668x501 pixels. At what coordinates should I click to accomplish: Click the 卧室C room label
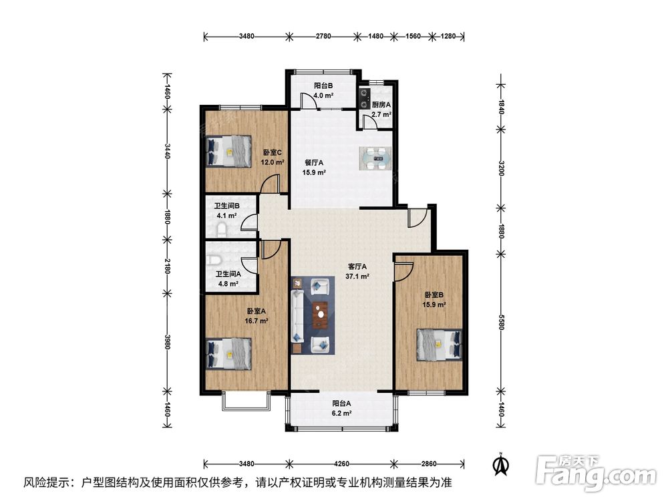(273, 152)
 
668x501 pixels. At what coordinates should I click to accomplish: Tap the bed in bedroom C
(228, 151)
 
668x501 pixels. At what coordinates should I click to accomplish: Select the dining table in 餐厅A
(375, 158)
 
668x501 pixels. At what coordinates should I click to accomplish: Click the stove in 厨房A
(364, 98)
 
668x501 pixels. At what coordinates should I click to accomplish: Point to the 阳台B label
(323, 86)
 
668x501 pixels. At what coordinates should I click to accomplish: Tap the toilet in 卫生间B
(222, 230)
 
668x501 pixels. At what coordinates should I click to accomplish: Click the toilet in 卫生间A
(214, 260)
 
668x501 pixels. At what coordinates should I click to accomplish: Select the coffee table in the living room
(321, 315)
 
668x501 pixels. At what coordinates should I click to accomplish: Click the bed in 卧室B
(440, 345)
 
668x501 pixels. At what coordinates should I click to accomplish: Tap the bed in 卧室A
(228, 353)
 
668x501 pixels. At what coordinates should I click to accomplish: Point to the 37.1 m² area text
(357, 277)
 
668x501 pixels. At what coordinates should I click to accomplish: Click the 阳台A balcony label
(341, 403)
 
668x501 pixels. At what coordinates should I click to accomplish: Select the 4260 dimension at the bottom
(341, 464)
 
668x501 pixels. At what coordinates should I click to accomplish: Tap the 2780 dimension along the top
(323, 36)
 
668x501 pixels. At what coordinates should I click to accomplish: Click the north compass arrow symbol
(502, 464)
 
